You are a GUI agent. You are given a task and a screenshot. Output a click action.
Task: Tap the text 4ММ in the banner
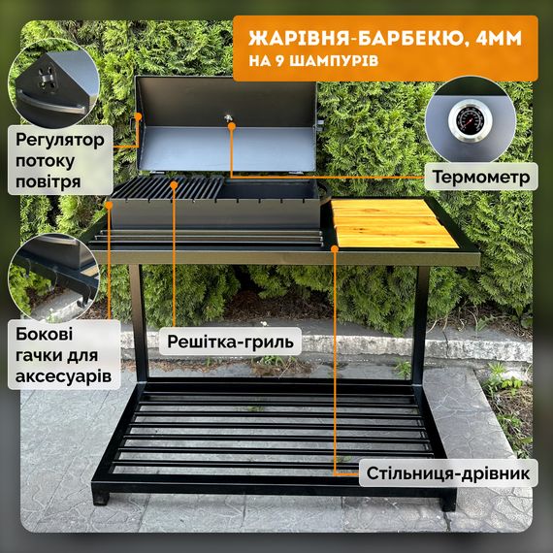[499, 38]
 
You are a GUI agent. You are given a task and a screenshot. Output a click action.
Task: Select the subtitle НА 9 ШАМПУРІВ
[313, 60]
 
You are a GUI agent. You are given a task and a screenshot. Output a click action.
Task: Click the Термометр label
[481, 177]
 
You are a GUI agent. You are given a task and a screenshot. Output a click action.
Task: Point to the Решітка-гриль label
[230, 342]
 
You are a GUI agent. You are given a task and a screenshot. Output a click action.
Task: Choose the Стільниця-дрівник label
[448, 472]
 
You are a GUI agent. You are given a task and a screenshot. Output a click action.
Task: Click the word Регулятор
[60, 140]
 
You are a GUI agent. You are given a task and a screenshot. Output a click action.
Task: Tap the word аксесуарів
[63, 376]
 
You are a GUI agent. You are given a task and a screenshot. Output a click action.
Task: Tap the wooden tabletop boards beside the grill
[394, 223]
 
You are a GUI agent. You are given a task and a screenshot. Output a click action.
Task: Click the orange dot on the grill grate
[174, 184]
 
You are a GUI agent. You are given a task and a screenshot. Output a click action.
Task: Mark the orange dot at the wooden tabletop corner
[335, 248]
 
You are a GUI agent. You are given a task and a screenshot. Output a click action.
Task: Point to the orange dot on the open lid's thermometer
[231, 125]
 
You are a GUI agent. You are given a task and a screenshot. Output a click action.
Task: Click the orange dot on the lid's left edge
[138, 116]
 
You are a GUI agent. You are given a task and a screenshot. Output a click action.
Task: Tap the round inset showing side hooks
[53, 277]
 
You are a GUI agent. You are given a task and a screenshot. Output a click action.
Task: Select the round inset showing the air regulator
[53, 83]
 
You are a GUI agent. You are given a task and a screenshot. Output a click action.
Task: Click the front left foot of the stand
[101, 498]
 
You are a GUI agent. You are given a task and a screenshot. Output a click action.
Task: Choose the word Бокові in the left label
[44, 334]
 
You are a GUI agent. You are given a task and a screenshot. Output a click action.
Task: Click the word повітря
[48, 182]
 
